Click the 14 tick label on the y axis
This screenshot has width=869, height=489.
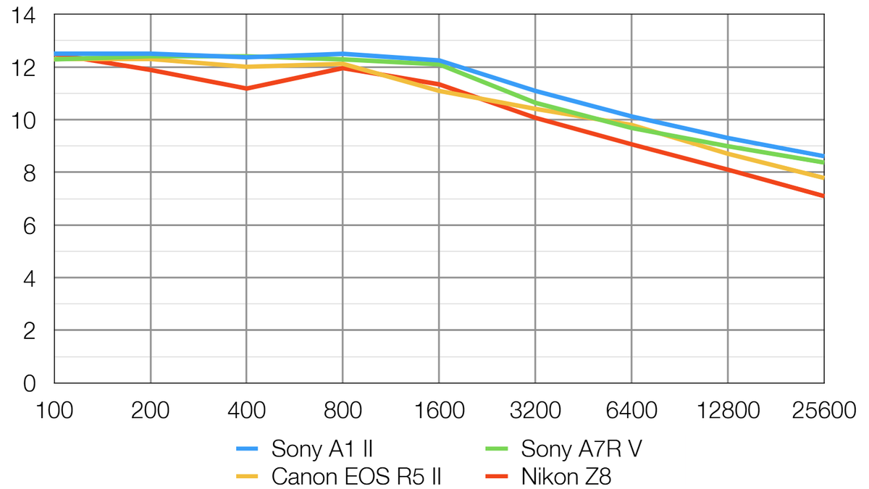tap(25, 15)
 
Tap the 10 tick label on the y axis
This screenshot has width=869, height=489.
tap(25, 120)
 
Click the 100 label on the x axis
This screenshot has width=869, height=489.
tap(54, 411)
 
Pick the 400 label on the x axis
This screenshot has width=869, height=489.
tap(246, 411)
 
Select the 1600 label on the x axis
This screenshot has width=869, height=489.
tap(438, 411)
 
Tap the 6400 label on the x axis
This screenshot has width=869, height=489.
tap(631, 411)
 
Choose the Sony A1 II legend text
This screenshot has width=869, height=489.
tap(322, 449)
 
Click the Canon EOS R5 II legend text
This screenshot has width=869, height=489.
tap(356, 476)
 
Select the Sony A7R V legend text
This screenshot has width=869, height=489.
tap(581, 449)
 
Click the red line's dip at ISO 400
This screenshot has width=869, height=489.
tap(246, 88)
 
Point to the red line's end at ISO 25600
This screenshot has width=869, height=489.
tap(823, 196)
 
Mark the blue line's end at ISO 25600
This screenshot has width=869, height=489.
tap(823, 156)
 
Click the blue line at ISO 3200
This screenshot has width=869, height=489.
tap(534, 91)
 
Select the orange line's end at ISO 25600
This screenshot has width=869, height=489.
tap(823, 177)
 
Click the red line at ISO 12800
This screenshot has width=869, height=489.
tap(727, 170)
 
